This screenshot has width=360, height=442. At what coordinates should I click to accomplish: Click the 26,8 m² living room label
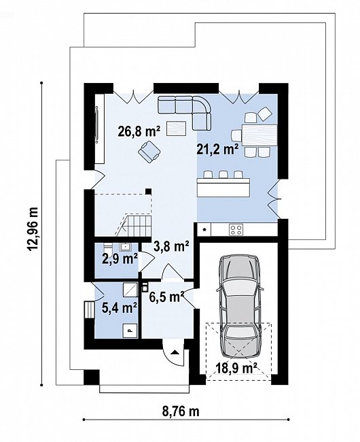tap(139, 132)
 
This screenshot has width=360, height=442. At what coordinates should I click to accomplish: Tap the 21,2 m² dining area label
tap(217, 150)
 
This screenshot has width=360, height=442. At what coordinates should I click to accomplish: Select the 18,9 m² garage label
tap(236, 368)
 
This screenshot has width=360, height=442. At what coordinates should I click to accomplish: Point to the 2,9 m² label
tap(120, 259)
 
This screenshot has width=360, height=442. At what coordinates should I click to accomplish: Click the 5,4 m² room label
tap(120, 308)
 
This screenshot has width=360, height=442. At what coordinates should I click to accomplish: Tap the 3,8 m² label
tap(171, 248)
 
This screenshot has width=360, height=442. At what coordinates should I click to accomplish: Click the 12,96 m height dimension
tap(33, 229)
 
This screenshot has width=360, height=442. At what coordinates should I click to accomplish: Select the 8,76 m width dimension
tap(181, 411)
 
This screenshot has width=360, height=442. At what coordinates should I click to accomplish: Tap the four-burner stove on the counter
tap(236, 229)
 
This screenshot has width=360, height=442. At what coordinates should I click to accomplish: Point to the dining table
tap(259, 135)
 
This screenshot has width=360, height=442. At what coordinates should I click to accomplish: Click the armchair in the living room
tap(149, 152)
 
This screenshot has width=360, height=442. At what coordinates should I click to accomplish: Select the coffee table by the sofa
tap(177, 129)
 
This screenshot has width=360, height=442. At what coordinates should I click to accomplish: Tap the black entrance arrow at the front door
tap(175, 352)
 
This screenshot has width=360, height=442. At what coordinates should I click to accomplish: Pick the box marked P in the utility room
tap(130, 330)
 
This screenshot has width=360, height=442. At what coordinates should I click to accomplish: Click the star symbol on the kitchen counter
tap(204, 229)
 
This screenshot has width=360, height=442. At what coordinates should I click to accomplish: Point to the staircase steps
tap(134, 225)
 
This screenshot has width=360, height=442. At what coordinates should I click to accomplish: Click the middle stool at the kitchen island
tap(223, 175)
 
